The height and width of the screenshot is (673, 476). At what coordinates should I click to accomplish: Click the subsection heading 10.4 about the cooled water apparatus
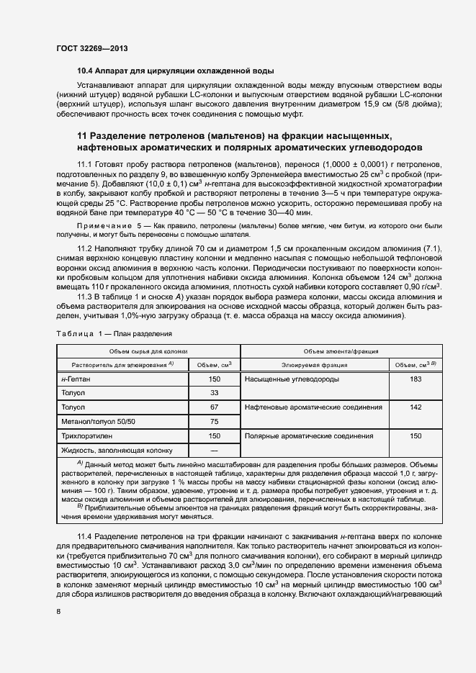[175, 71]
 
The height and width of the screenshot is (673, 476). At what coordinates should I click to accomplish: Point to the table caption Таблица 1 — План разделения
[114, 334]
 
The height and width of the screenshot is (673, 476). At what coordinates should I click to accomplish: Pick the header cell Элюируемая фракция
[315, 365]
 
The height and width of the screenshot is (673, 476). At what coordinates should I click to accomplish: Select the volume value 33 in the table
[214, 393]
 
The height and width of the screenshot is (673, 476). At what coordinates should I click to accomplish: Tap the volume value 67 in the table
[214, 407]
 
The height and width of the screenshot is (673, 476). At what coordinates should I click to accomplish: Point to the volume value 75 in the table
[214, 421]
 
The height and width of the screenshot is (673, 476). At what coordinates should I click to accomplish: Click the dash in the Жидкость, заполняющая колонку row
[214, 450]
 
